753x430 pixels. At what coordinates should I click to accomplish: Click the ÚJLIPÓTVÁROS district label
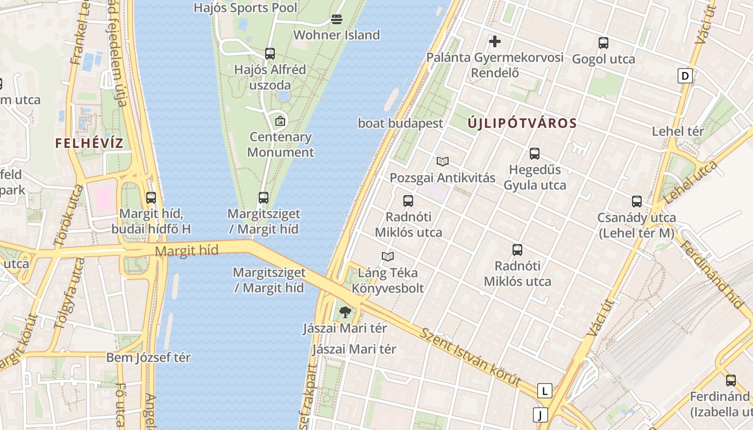[522, 123]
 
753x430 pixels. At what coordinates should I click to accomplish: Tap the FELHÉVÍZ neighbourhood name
[89, 144]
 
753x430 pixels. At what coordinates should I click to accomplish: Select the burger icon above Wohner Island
[337, 20]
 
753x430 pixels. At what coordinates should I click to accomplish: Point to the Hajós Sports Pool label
[245, 8]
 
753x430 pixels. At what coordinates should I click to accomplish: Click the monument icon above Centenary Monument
[280, 121]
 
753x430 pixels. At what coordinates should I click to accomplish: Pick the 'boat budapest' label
[401, 123]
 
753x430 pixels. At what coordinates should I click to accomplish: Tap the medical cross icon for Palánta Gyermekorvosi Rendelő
[494, 41]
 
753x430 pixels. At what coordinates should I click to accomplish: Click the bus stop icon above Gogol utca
[603, 43]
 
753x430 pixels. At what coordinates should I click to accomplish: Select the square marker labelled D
[685, 76]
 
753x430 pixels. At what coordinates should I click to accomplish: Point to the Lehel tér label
[678, 131]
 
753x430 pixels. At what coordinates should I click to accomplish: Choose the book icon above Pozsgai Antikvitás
[443, 161]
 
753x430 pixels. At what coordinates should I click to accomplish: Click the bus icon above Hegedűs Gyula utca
[535, 154]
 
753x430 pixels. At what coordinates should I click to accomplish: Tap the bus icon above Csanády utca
[637, 202]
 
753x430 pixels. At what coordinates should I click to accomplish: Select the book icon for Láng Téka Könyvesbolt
[388, 256]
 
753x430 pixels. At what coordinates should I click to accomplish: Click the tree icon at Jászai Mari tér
[345, 312]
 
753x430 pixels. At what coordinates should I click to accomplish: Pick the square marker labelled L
[545, 391]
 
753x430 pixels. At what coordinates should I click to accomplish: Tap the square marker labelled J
[540, 415]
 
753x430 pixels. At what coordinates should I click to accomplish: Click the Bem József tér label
[148, 357]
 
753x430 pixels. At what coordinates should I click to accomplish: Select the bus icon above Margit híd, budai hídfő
[151, 198]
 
